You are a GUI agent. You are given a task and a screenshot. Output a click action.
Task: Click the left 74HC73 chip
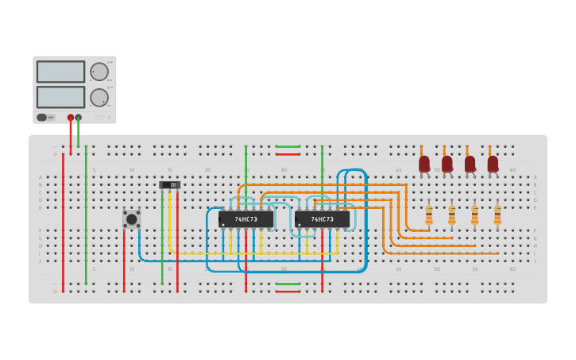(x=245, y=219)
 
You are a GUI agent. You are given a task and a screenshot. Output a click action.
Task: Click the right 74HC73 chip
(x=322, y=219)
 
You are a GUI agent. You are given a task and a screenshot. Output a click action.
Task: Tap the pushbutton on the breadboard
(x=132, y=219)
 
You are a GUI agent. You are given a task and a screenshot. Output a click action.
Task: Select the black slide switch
(x=170, y=184)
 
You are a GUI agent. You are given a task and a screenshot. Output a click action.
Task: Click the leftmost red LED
(x=424, y=164)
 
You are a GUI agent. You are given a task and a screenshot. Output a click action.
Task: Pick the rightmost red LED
(x=493, y=164)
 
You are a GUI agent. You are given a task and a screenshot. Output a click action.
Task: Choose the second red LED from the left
(x=447, y=164)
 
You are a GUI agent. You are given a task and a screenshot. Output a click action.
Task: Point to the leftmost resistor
(x=429, y=215)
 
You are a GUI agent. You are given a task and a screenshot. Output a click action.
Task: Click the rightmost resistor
(x=497, y=215)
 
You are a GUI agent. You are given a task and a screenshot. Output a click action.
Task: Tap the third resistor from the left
(x=474, y=215)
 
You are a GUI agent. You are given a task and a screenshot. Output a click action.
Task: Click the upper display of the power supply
(x=60, y=72)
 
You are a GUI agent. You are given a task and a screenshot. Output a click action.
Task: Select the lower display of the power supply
(x=60, y=97)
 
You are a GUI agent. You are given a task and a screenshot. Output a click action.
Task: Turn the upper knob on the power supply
(x=99, y=72)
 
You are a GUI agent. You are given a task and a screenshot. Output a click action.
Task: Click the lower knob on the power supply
(x=99, y=98)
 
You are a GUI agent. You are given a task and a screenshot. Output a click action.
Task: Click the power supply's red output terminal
(x=71, y=118)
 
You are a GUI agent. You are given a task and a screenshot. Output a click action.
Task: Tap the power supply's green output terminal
(x=79, y=118)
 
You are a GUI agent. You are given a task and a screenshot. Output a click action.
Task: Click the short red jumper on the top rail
(x=288, y=154)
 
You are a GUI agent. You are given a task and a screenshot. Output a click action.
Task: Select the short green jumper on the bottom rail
(x=288, y=284)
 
